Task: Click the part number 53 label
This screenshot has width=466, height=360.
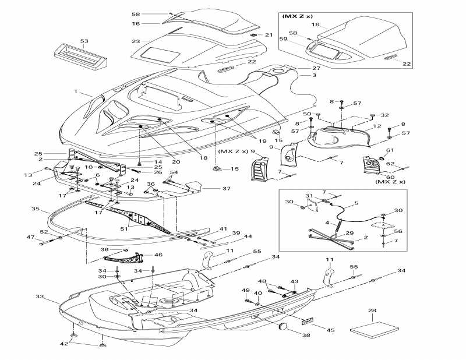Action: (84, 41)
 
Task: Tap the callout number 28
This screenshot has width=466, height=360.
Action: (372, 310)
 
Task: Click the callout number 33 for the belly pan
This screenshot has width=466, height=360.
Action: (40, 297)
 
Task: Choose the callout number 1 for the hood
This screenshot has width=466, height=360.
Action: (76, 91)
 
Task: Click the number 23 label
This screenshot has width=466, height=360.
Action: (136, 41)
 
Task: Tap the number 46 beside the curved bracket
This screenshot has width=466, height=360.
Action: (158, 255)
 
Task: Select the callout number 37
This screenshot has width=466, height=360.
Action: (227, 188)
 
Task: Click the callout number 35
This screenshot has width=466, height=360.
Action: (36, 209)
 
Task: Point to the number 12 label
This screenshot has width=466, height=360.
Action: (377, 126)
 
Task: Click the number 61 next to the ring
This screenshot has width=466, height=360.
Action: (390, 150)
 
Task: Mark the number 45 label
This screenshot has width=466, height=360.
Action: (330, 330)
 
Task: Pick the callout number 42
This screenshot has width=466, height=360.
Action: (64, 344)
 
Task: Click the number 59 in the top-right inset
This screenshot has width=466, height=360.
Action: (283, 38)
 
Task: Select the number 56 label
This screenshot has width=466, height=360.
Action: (398, 231)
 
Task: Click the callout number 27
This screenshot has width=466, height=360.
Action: (316, 68)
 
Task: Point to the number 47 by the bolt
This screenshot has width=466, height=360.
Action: (31, 237)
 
